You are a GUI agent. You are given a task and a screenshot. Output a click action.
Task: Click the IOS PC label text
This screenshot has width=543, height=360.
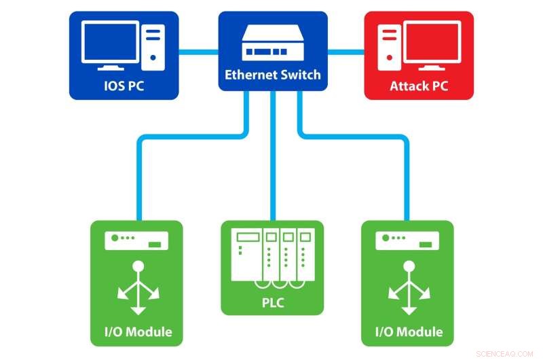point(124,86)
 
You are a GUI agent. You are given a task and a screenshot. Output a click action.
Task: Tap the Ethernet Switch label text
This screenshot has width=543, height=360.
point(272,75)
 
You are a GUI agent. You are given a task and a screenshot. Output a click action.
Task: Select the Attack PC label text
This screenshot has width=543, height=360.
point(419,86)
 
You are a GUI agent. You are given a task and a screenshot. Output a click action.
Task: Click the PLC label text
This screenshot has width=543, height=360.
point(271,302)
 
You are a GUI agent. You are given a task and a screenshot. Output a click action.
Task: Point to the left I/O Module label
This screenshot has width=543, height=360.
point(138,332)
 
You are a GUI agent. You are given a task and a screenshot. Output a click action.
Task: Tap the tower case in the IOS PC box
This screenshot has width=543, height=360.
point(154,45)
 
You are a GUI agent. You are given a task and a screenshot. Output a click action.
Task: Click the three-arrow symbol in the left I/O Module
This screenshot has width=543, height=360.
point(138,288)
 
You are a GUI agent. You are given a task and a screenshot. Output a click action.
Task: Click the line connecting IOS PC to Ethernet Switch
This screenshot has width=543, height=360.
point(198,50)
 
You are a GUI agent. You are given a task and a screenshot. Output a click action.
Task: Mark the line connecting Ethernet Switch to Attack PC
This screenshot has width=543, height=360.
point(346,50)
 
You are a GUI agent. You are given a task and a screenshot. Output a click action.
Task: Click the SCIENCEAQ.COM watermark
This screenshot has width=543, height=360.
point(505,353)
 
